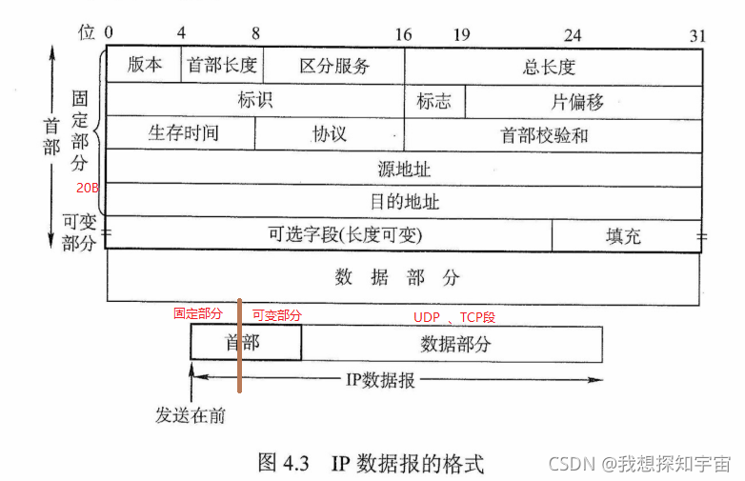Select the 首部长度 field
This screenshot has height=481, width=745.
click(222, 67)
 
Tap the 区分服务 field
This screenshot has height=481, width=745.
click(333, 67)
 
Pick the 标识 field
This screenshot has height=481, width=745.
click(254, 100)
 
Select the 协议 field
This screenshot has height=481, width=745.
click(329, 134)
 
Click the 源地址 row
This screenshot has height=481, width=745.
click(403, 169)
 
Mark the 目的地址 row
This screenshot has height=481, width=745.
click(403, 202)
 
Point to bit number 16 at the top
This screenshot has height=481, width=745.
click(403, 34)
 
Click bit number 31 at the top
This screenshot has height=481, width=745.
click(698, 35)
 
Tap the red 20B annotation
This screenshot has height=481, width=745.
click(88, 189)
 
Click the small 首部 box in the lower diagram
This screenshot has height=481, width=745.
click(242, 344)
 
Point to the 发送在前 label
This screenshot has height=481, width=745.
click(191, 416)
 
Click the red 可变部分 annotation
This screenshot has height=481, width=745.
click(276, 315)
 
